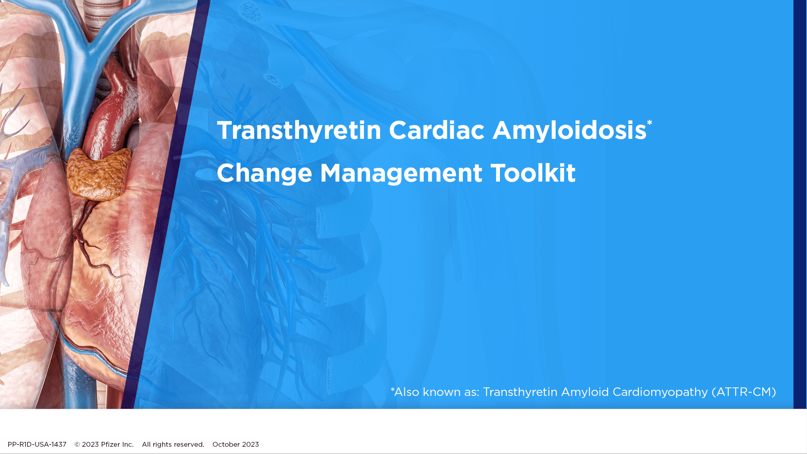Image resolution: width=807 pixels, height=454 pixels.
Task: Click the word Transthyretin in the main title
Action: tap(299, 131)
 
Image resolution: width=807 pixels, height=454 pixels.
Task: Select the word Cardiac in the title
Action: tap(437, 130)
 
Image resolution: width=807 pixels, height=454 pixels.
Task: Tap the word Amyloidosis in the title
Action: tap(570, 131)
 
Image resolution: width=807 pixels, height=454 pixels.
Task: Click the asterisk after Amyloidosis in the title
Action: tap(649, 123)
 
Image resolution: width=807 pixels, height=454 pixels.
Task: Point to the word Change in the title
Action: tap(265, 174)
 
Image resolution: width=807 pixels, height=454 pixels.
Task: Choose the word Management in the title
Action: tap(401, 174)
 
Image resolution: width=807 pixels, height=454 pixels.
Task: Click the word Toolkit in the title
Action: tap(533, 173)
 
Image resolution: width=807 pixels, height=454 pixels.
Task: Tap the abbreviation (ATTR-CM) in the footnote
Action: tap(744, 392)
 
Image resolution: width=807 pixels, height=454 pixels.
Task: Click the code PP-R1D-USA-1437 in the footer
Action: tap(37, 444)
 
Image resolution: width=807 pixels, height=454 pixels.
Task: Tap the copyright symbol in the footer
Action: tap(77, 444)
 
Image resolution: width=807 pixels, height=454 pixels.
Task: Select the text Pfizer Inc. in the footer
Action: tap(117, 444)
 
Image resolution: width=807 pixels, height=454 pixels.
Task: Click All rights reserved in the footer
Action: tap(173, 444)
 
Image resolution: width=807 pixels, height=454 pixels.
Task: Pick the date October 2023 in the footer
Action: tap(236, 444)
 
